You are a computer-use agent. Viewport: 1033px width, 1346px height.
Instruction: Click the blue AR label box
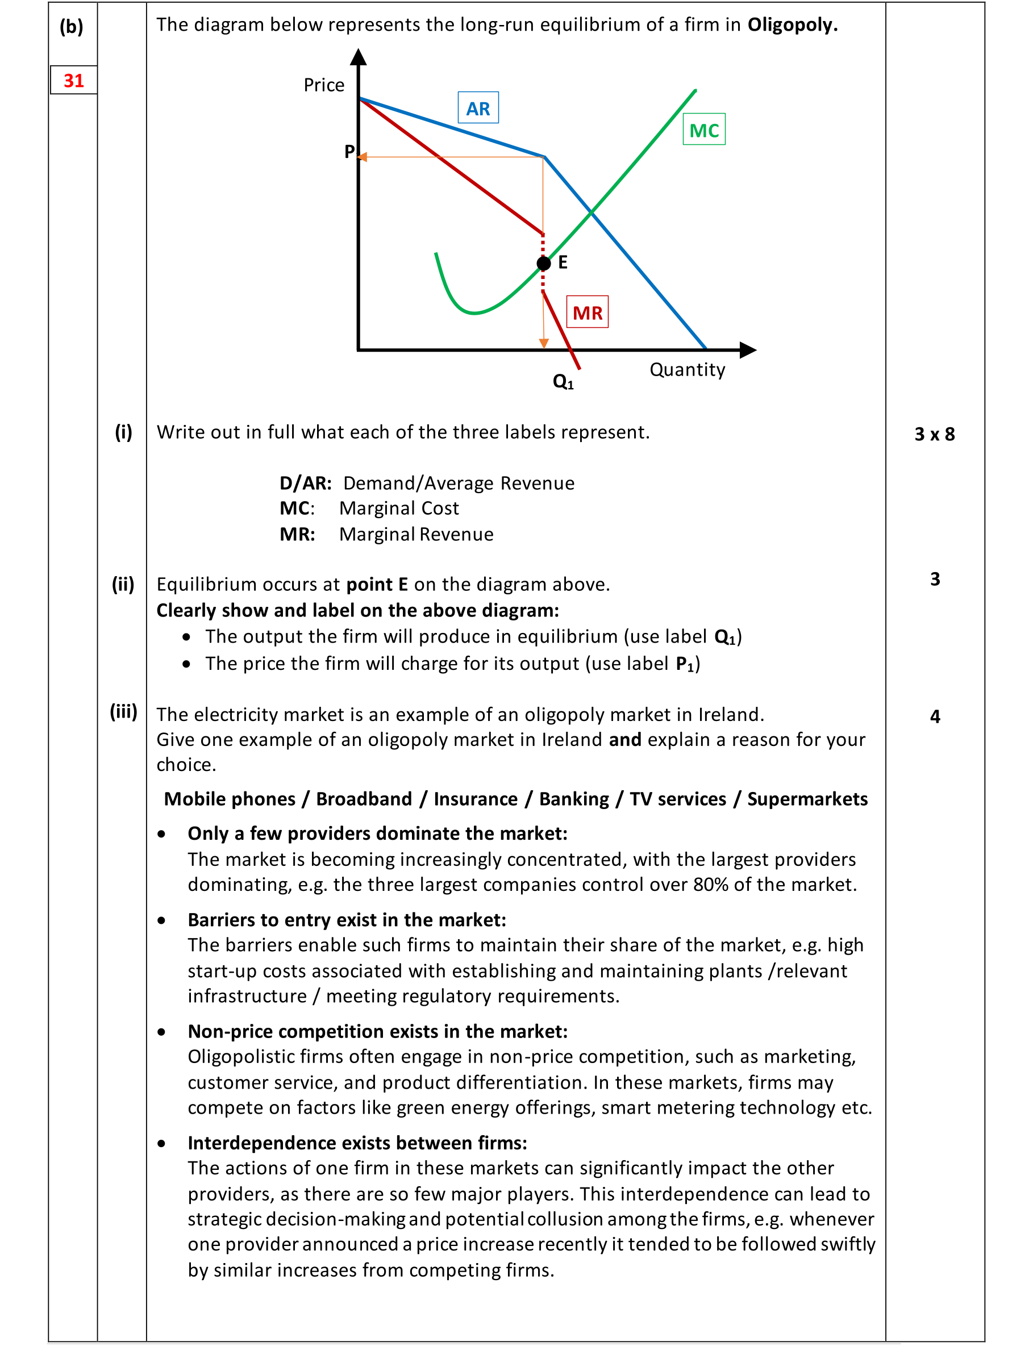(478, 108)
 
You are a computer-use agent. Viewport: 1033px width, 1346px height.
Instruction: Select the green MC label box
(703, 130)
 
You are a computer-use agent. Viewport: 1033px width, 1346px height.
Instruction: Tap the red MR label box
(586, 312)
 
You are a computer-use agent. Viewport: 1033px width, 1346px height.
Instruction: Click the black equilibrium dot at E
(544, 264)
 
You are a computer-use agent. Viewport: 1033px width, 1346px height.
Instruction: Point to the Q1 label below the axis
(563, 382)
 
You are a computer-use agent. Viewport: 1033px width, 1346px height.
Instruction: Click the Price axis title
(323, 85)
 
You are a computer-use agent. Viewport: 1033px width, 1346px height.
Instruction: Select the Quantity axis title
(687, 369)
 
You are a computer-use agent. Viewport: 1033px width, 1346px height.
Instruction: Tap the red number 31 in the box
(74, 81)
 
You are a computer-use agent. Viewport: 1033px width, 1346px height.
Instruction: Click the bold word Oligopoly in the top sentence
(792, 24)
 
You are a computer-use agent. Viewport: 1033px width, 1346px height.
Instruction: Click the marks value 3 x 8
(934, 434)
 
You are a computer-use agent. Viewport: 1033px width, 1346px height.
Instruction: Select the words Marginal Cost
(398, 509)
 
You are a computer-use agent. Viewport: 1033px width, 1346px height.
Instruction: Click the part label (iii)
(123, 711)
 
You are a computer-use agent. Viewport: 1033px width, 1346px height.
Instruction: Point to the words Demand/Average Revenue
(458, 484)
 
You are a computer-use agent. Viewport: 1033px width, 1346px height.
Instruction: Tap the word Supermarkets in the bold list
(807, 799)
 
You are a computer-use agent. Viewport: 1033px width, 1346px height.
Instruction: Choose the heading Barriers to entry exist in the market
(346, 920)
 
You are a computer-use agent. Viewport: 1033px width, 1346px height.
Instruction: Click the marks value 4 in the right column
(935, 716)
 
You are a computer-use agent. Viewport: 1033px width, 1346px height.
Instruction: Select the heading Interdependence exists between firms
(357, 1143)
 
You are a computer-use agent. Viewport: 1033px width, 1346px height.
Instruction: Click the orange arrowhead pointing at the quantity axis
(544, 343)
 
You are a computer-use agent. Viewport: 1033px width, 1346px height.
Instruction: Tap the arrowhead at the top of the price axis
(359, 57)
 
